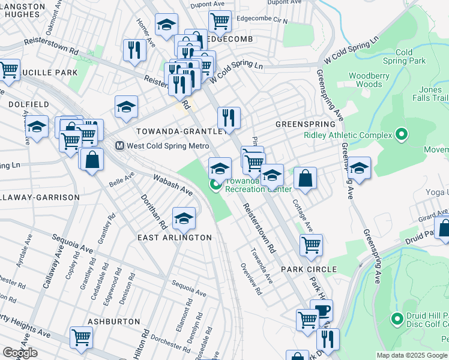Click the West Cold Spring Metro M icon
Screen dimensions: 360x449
pyautogui.click(x=119, y=146)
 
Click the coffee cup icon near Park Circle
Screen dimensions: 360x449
pyautogui.click(x=322, y=310)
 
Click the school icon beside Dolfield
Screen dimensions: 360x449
pyautogui.click(x=37, y=127)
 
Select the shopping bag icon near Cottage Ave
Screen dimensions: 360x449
pyautogui.click(x=305, y=178)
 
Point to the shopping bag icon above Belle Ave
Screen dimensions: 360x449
pyautogui.click(x=92, y=160)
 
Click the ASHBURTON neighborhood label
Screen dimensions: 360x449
pyautogui.click(x=113, y=322)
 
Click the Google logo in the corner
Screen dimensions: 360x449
pyautogui.click(x=19, y=353)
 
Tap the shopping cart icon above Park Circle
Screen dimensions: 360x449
pyautogui.click(x=311, y=244)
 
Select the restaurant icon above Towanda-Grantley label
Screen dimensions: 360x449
pyautogui.click(x=228, y=117)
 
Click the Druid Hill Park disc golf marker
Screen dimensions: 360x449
pyautogui.click(x=396, y=319)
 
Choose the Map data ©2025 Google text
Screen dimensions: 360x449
pyautogui.click(x=412, y=355)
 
